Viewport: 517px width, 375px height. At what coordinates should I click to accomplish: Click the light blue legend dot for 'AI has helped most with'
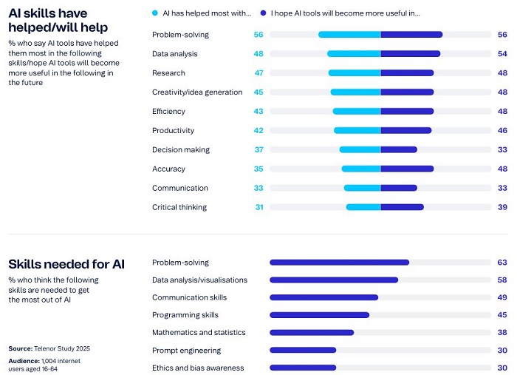pyautogui.click(x=154, y=13)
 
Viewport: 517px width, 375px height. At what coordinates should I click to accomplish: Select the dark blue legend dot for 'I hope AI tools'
pyautogui.click(x=263, y=13)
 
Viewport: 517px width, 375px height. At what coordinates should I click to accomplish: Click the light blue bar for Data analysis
pyautogui.click(x=354, y=54)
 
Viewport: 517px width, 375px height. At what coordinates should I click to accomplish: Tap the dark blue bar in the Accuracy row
pyautogui.click(x=407, y=169)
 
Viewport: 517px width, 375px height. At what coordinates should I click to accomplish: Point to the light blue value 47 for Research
pyautogui.click(x=259, y=73)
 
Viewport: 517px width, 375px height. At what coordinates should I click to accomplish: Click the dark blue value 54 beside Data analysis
pyautogui.click(x=502, y=54)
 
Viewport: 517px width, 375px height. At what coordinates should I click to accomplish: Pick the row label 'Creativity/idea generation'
pyautogui.click(x=197, y=92)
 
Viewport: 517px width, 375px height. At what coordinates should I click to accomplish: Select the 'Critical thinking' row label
pyautogui.click(x=179, y=207)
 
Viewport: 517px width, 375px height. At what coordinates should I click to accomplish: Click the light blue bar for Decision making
pyautogui.click(x=360, y=149)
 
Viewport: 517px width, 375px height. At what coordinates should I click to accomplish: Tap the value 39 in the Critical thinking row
pyautogui.click(x=502, y=207)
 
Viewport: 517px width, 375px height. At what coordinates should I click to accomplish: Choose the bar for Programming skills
pyautogui.click(x=319, y=315)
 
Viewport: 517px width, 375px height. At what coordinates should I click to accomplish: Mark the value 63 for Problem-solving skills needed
pyautogui.click(x=502, y=263)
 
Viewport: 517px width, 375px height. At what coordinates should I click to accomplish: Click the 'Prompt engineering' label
pyautogui.click(x=186, y=351)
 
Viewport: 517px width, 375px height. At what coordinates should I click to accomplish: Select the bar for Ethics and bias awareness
pyautogui.click(x=303, y=368)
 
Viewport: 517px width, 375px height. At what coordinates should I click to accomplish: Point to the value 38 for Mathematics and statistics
pyautogui.click(x=502, y=333)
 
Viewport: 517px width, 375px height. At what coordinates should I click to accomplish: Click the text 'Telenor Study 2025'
pyautogui.click(x=61, y=348)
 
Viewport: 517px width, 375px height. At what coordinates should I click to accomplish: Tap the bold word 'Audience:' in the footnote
pyautogui.click(x=24, y=360)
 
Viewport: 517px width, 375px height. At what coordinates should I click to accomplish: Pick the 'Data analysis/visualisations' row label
pyautogui.click(x=199, y=280)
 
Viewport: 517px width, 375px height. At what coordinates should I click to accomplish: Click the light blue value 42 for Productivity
pyautogui.click(x=259, y=131)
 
